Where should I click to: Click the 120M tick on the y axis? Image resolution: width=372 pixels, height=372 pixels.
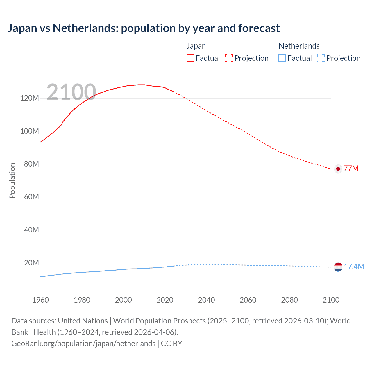[x=29, y=98]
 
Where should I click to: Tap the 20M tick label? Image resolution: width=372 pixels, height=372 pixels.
[x=31, y=263]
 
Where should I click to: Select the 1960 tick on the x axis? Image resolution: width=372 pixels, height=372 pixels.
[x=40, y=300]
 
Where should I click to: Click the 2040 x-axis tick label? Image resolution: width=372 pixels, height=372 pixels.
[x=206, y=300]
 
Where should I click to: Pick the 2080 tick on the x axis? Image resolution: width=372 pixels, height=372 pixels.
[x=289, y=300]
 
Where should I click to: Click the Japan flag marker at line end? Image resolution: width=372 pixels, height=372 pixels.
[x=338, y=169]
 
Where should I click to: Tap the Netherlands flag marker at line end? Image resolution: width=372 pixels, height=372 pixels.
[x=338, y=267]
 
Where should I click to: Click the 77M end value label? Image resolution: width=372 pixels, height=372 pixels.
[x=351, y=169]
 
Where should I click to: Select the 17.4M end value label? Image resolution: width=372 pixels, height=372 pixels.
[x=354, y=267]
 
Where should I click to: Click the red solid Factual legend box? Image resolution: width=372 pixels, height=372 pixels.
[x=190, y=58]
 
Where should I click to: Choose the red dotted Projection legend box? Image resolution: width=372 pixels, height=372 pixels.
[x=229, y=58]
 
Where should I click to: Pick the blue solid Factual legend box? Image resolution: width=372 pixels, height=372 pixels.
[x=282, y=58]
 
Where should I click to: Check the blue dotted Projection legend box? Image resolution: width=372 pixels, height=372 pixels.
[x=321, y=58]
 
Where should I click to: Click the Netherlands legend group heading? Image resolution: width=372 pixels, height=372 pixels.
[x=299, y=46]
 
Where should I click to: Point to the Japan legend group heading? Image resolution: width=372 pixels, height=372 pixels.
[x=196, y=46]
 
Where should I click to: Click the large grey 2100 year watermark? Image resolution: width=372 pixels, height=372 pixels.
[x=71, y=92]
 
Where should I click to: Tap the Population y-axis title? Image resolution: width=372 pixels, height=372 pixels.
[x=12, y=180]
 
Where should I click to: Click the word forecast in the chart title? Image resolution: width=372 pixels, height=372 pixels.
[x=259, y=28]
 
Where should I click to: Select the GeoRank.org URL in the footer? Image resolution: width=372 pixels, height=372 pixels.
[x=83, y=344]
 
